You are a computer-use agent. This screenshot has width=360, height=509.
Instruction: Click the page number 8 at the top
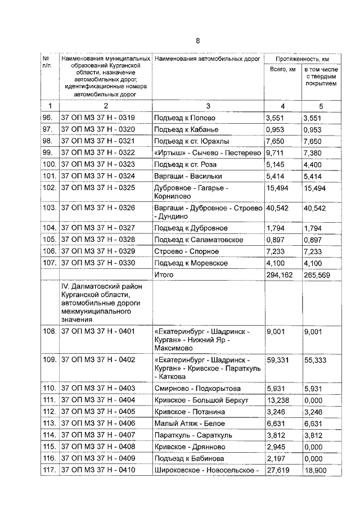pos(197,40)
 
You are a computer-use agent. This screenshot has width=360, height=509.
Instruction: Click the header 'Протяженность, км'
pos(302,58)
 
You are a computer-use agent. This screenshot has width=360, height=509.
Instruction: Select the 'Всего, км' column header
pos(282,69)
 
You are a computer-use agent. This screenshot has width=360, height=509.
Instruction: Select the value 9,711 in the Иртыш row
pos(276,152)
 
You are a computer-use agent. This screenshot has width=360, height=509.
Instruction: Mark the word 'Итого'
pos(164,274)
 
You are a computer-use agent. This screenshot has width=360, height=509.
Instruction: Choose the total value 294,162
pos(280,274)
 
